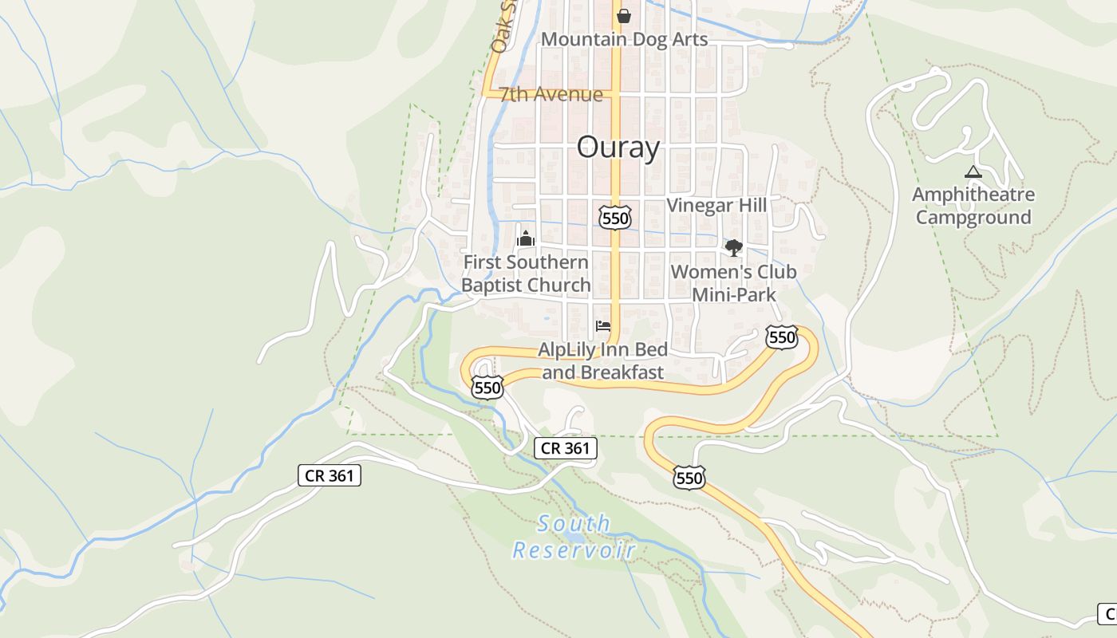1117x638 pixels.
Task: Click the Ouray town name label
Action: point(618,148)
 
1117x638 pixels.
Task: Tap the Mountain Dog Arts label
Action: point(624,39)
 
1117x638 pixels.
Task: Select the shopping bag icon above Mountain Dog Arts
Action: point(624,15)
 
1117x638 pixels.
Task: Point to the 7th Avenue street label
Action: point(551,94)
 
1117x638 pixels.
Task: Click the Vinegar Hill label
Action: point(716,205)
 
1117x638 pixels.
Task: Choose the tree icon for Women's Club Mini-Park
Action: point(733,248)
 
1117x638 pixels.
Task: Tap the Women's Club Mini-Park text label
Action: point(733,283)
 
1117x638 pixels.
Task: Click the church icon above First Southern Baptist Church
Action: point(526,238)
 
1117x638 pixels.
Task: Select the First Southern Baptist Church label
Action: point(526,274)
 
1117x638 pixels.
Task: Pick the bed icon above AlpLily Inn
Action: point(603,326)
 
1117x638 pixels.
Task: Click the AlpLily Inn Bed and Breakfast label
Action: point(603,361)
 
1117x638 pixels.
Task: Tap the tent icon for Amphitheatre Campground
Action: point(973,171)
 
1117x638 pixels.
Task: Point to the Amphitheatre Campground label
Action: point(973,206)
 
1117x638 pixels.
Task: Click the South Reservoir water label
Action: point(574,537)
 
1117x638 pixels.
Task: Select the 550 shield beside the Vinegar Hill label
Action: point(615,217)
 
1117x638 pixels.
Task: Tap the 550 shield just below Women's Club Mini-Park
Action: point(781,337)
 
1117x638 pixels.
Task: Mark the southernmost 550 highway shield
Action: point(689,478)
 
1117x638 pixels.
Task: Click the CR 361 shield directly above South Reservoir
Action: point(565,448)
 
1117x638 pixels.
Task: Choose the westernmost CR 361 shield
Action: point(330,476)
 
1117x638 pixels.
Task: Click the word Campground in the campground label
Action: point(973,217)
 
